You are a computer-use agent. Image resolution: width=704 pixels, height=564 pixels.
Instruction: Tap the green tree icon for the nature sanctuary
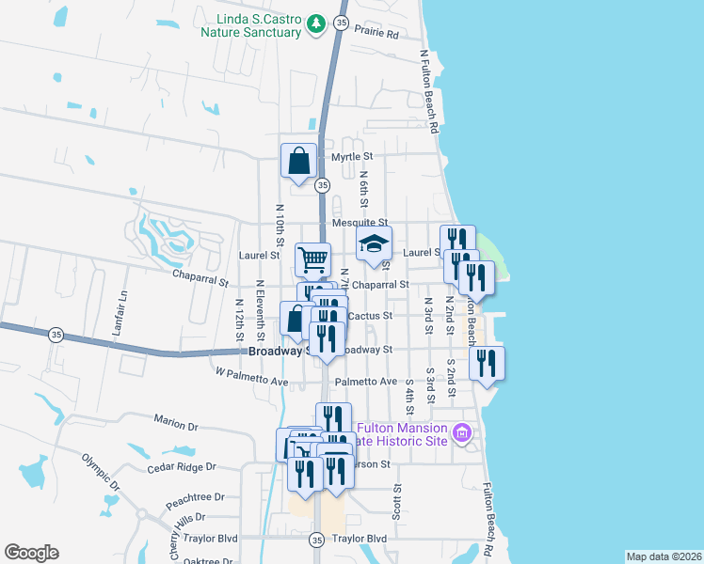pyautogui.click(x=318, y=23)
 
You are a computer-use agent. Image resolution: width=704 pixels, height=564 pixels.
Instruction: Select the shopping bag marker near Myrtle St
pyautogui.click(x=298, y=161)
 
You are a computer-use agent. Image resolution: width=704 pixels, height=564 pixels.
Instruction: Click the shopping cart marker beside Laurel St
pyautogui.click(x=312, y=258)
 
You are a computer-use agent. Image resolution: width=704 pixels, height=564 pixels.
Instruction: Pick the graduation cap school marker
pyautogui.click(x=374, y=246)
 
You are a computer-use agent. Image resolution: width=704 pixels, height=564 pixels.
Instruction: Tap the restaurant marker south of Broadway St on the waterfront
pyautogui.click(x=487, y=364)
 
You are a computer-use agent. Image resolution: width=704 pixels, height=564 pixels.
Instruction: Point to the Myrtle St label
pyautogui.click(x=352, y=156)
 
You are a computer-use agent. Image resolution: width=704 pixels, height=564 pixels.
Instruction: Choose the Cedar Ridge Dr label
pyautogui.click(x=182, y=467)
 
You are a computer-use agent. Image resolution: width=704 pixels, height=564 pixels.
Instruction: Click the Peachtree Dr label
pyautogui.click(x=200, y=496)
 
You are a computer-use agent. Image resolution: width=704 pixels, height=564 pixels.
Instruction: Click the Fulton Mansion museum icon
pyautogui.click(x=461, y=433)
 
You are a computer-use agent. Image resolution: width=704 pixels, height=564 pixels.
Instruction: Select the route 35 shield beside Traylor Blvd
pyautogui.click(x=316, y=540)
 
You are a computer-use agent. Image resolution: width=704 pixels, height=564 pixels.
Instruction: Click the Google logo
pyautogui.click(x=31, y=553)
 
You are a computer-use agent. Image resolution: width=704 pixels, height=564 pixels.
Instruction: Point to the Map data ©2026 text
pyautogui.click(x=664, y=556)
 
